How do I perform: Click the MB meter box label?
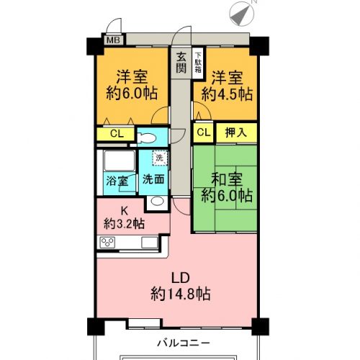pyautogui.click(x=113, y=40)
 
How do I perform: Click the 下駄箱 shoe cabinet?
pyautogui.click(x=198, y=63)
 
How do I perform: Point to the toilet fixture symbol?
pyautogui.click(x=146, y=138)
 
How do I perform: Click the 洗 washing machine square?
pyautogui.click(x=159, y=158)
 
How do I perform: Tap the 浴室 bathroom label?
pyautogui.click(x=117, y=181)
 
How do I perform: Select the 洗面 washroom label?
pyautogui.click(x=153, y=179)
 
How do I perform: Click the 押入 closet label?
pyautogui.click(x=236, y=132)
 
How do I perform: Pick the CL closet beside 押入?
pyautogui.click(x=204, y=132)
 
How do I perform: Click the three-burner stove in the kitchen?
pyautogui.click(x=107, y=243)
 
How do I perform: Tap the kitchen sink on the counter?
pyautogui.click(x=150, y=243)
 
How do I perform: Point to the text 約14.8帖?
pyautogui.click(x=181, y=294)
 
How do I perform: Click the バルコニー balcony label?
pyautogui.click(x=184, y=343)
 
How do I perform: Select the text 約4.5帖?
pyautogui.click(x=227, y=94)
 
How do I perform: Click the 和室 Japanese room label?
pyautogui.click(x=227, y=179)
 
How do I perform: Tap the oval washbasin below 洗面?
pyautogui.click(x=157, y=201)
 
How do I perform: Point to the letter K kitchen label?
pyautogui.click(x=124, y=211)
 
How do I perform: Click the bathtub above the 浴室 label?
pyautogui.click(x=120, y=161)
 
